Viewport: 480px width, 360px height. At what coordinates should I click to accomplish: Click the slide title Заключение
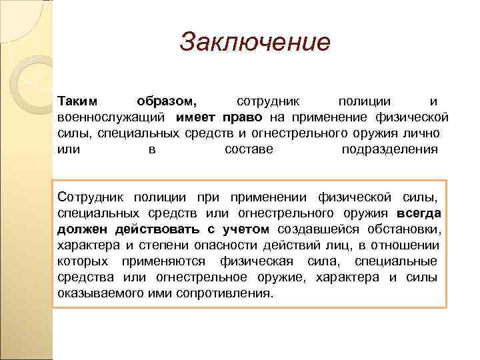(255, 43)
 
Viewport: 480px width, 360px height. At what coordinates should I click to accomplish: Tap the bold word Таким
(77, 102)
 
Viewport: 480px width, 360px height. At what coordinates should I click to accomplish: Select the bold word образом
(167, 102)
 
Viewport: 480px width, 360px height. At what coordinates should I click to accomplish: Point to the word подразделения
(390, 149)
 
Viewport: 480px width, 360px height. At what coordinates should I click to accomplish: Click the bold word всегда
(419, 213)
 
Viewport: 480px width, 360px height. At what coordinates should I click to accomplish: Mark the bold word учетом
(245, 229)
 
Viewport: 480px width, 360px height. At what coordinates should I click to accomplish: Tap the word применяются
(161, 261)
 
